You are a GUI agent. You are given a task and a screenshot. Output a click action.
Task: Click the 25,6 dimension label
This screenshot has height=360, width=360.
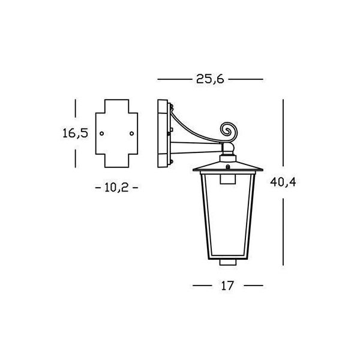(x=210, y=79)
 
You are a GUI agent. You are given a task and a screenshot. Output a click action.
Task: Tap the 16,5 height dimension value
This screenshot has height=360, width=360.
(x=76, y=133)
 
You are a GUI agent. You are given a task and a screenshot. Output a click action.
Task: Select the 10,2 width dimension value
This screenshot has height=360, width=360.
(x=116, y=188)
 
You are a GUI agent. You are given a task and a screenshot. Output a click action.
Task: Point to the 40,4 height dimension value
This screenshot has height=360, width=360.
(x=283, y=182)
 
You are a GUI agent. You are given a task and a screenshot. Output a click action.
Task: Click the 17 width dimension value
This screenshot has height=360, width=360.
(x=227, y=286)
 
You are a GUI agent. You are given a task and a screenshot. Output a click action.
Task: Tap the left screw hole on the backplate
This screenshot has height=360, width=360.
(x=102, y=133)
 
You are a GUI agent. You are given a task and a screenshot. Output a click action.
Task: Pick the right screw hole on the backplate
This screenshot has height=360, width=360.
(x=132, y=133)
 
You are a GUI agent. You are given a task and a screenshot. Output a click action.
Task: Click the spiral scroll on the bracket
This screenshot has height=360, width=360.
(x=228, y=131)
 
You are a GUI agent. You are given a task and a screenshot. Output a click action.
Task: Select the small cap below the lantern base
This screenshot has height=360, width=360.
(x=228, y=262)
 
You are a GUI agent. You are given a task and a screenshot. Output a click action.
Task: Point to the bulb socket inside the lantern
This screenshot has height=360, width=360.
(x=228, y=179)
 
